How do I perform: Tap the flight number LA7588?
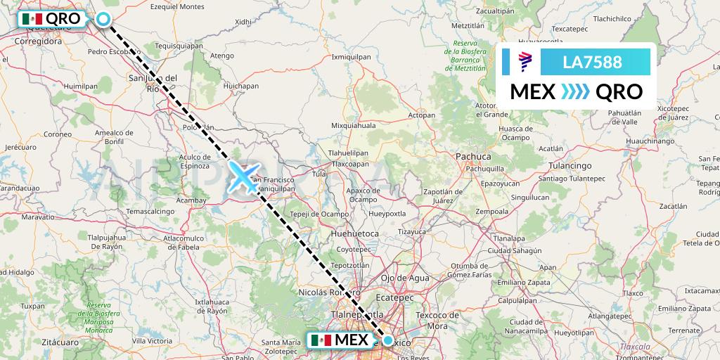tap(592, 62)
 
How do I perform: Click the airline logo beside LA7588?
tap(525, 62)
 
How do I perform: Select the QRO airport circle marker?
tap(104, 20)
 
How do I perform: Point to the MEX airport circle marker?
tap(387, 340)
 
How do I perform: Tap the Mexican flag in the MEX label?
tap(321, 340)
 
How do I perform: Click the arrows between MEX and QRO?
tap(574, 91)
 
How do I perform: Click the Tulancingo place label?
tap(569, 165)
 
